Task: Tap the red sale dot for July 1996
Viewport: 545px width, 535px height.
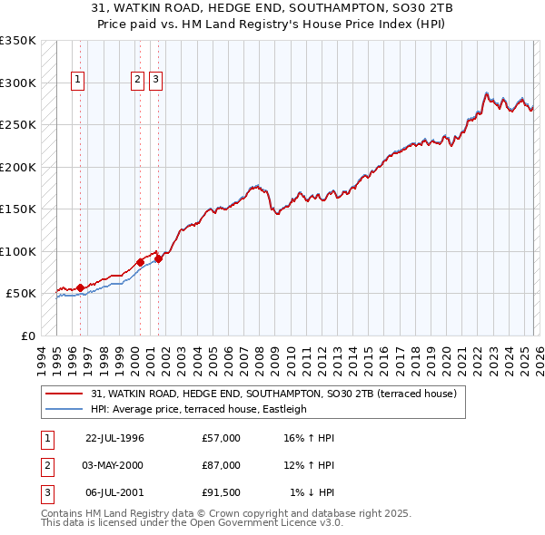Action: click(x=80, y=287)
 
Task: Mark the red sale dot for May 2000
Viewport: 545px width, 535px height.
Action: click(x=140, y=262)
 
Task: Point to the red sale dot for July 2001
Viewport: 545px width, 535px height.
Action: click(x=158, y=258)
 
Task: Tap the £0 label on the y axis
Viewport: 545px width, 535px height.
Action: click(x=27, y=336)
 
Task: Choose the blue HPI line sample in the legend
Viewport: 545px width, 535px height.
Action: click(x=64, y=409)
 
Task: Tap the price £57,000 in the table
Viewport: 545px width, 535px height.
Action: click(x=222, y=438)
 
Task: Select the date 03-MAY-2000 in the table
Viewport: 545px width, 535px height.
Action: click(x=114, y=465)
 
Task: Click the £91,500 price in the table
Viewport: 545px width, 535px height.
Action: click(x=222, y=492)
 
